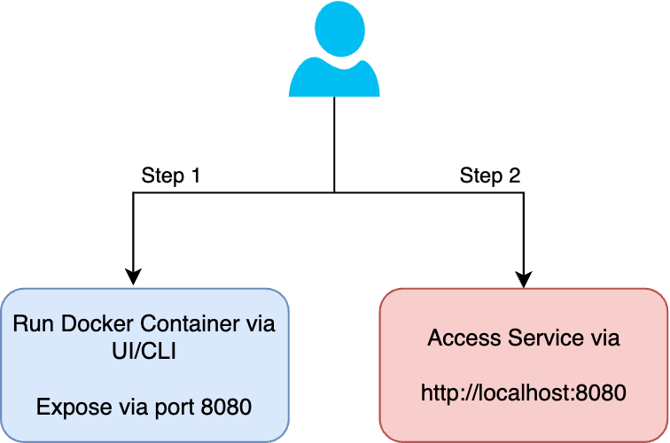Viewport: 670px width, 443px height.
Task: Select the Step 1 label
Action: (172, 175)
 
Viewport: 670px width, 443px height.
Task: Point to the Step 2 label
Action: (490, 175)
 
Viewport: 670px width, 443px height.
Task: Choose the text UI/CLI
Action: (144, 352)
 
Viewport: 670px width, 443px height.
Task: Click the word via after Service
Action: (603, 338)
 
